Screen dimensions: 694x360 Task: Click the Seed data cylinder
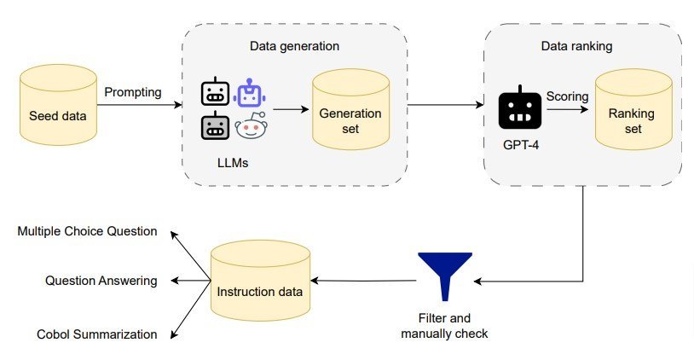coord(58,104)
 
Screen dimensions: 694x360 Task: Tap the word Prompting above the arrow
coord(133,92)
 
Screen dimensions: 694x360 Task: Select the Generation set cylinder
coord(351,109)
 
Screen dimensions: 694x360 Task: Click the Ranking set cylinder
coord(633,109)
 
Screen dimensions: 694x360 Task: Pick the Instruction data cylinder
coord(260,281)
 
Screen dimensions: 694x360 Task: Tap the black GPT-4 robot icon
coord(520,107)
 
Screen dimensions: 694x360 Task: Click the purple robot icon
coord(249,93)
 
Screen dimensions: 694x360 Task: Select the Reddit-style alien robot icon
coord(252,125)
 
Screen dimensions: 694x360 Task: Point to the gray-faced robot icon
coord(215,125)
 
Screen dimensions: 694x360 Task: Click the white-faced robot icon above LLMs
coord(215,91)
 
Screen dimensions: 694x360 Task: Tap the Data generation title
coord(294,46)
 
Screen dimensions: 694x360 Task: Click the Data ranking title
coord(576,46)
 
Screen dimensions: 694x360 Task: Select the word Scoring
coord(568,96)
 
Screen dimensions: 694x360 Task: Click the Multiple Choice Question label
coord(87,231)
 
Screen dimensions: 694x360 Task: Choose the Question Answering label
coord(101,281)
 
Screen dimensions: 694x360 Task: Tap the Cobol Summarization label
coord(97,334)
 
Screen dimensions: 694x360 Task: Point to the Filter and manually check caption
coord(444,326)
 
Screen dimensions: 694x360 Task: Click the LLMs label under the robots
coord(233,163)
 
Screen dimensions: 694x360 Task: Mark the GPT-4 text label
coord(521,145)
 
